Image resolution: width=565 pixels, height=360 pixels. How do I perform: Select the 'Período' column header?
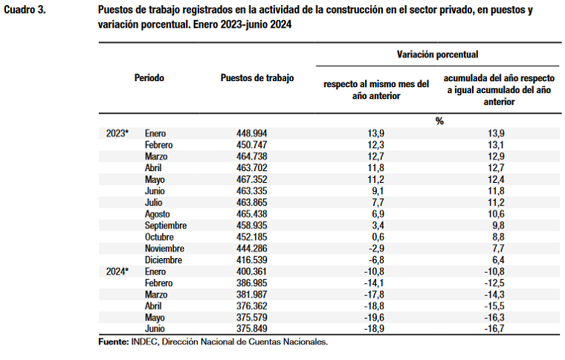[149, 77]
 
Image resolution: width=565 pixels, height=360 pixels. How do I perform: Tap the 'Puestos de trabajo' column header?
[257, 77]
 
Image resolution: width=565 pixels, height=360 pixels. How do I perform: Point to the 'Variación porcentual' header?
[437, 54]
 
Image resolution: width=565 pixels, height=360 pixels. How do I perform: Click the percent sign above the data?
[439, 120]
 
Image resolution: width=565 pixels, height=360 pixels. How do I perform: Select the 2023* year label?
[117, 133]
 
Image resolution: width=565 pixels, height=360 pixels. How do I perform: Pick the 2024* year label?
[117, 271]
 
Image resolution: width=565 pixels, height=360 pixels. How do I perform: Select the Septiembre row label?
[166, 225]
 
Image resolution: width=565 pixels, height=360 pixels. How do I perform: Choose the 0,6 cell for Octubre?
[376, 237]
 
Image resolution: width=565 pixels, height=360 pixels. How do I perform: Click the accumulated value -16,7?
[494, 330]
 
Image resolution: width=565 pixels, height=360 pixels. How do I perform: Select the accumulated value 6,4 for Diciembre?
[498, 260]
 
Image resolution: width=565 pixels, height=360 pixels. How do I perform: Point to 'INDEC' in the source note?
[143, 342]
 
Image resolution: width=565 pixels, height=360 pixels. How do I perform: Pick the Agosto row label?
[158, 214]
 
